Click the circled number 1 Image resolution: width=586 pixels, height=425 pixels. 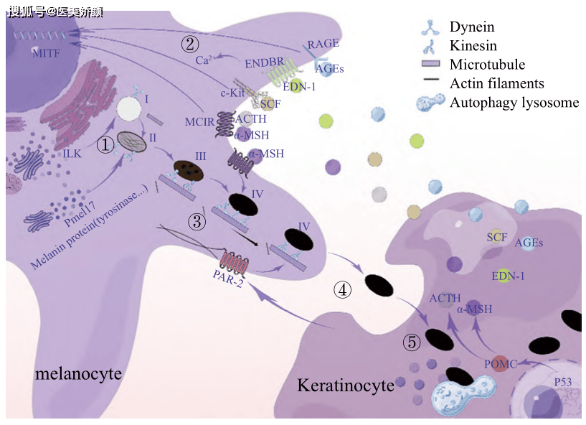coord(105,145)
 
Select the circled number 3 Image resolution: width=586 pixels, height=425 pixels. coord(198,222)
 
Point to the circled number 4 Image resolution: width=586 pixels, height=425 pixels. coord(343,290)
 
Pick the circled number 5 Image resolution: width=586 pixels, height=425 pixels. coord(411,342)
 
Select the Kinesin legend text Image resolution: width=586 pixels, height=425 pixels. coord(475,46)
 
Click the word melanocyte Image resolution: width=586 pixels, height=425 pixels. coord(78,374)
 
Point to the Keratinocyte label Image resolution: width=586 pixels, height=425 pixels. coord(346,386)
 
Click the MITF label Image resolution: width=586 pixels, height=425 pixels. coord(47,53)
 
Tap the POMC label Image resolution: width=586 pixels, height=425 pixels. coord(501,364)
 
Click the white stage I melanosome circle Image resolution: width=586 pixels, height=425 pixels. coord(129,109)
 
